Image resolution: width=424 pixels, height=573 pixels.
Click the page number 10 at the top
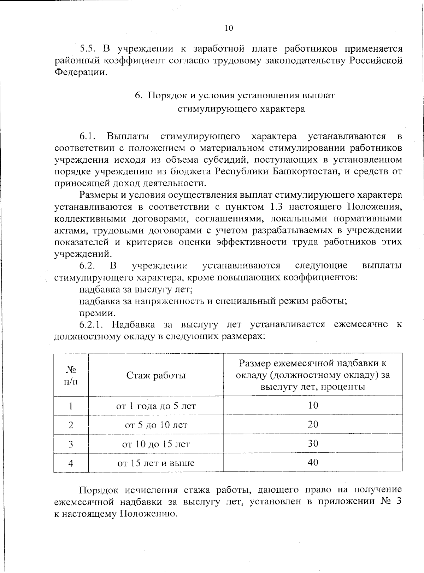(229, 28)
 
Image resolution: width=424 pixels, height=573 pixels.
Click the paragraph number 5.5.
(88, 48)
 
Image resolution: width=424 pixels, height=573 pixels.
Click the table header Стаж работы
(156, 375)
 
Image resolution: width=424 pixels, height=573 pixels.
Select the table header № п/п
(71, 375)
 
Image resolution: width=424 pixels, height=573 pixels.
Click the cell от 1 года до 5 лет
(156, 406)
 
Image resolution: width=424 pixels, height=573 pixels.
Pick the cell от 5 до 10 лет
(156, 425)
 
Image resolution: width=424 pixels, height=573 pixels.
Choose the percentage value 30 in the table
(313, 444)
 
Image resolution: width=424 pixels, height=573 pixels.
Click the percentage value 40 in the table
(313, 462)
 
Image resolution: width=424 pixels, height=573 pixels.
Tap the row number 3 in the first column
(71, 444)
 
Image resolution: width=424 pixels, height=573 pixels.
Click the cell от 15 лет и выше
(156, 463)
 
